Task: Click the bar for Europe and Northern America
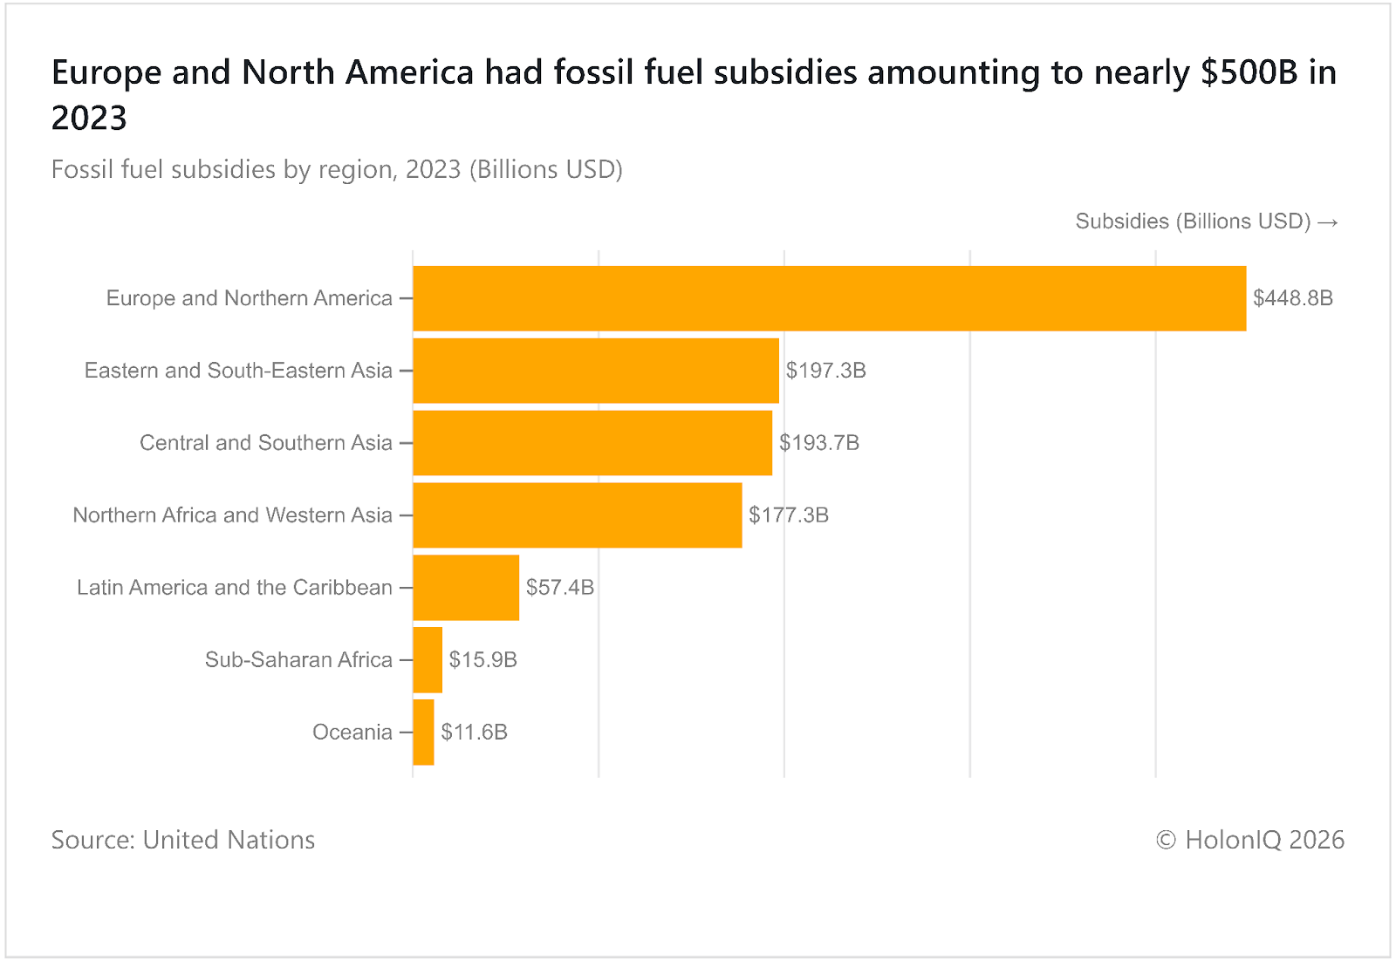(x=829, y=298)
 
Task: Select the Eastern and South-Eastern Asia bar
(x=596, y=371)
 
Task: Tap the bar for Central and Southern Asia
(x=592, y=443)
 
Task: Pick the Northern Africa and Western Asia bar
(x=578, y=515)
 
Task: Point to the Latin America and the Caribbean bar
(x=466, y=588)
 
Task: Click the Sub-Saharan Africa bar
(x=428, y=660)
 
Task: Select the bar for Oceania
(x=423, y=733)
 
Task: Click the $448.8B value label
(x=1293, y=298)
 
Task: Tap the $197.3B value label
(x=825, y=371)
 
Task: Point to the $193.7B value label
(x=819, y=443)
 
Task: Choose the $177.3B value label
(x=789, y=515)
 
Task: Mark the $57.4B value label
(x=559, y=588)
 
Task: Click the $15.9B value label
(x=482, y=660)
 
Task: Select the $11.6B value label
(x=474, y=733)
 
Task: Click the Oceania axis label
(x=352, y=733)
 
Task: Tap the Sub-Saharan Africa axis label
(x=298, y=660)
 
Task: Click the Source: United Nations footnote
(x=183, y=840)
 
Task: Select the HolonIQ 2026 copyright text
(x=1249, y=840)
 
